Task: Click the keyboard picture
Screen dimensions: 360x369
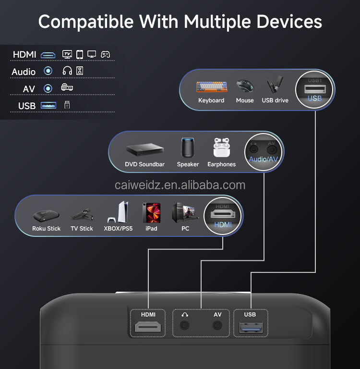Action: point(211,87)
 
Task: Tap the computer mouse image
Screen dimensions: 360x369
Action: point(245,86)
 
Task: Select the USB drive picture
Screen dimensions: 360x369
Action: point(275,86)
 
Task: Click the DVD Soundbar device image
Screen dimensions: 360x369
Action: point(144,150)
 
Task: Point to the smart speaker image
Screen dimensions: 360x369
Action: point(188,148)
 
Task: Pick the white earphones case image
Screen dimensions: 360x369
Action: point(221,148)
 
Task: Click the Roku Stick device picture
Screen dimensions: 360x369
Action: point(46,215)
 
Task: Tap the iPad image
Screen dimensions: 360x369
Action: point(151,213)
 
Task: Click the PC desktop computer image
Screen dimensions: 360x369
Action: point(185,213)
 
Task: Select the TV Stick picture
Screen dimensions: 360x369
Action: point(82,214)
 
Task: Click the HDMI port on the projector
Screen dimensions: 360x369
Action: point(148,328)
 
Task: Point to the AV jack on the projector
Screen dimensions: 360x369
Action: point(218,325)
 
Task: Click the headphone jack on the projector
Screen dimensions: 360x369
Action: point(184,325)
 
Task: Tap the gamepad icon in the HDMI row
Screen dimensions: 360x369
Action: point(105,54)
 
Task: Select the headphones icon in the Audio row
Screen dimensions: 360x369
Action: point(67,71)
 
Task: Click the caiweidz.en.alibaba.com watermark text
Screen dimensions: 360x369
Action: point(180,185)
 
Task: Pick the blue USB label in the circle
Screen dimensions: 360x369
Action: point(314,98)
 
